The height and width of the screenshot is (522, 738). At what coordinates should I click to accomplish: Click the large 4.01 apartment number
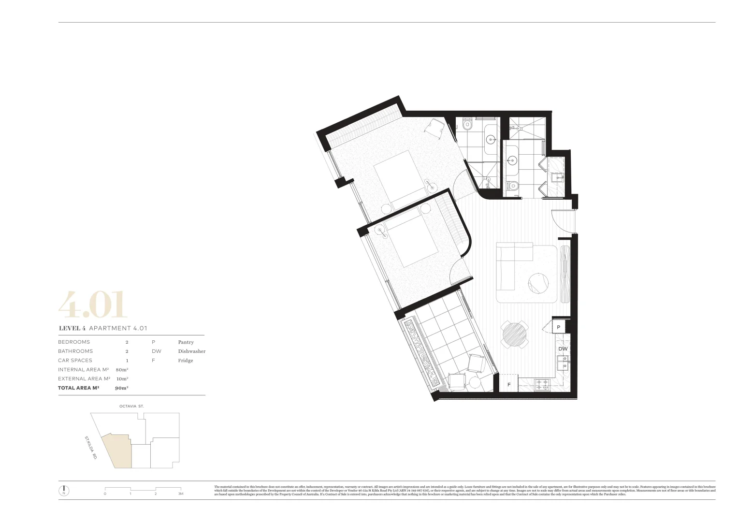pos(93,304)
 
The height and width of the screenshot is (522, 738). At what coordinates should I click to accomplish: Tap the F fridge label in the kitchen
pos(508,385)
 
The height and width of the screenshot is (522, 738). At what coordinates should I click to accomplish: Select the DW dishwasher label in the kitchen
pos(563,349)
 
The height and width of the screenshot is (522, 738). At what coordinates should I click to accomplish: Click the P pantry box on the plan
pos(559,327)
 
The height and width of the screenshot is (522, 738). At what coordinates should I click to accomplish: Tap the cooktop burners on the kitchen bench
pos(542,385)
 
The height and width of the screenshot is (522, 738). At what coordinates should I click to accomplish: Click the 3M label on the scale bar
pos(181,494)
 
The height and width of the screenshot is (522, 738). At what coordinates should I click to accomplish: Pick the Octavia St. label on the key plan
pos(131,406)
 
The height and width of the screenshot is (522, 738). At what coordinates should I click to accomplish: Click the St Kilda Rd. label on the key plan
pos(90,448)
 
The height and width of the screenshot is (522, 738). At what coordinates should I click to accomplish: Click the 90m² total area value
pos(121,388)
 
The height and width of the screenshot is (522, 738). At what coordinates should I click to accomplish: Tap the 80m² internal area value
pos(122,370)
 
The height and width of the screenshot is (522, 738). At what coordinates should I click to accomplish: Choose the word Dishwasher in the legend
pos(191,351)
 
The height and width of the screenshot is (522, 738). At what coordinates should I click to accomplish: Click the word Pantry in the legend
pos(186,342)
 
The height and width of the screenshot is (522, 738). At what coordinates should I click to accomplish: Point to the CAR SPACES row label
pos(75,361)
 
